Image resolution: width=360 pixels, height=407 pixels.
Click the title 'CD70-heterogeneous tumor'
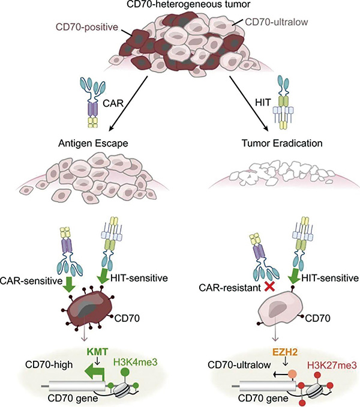(181, 6)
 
